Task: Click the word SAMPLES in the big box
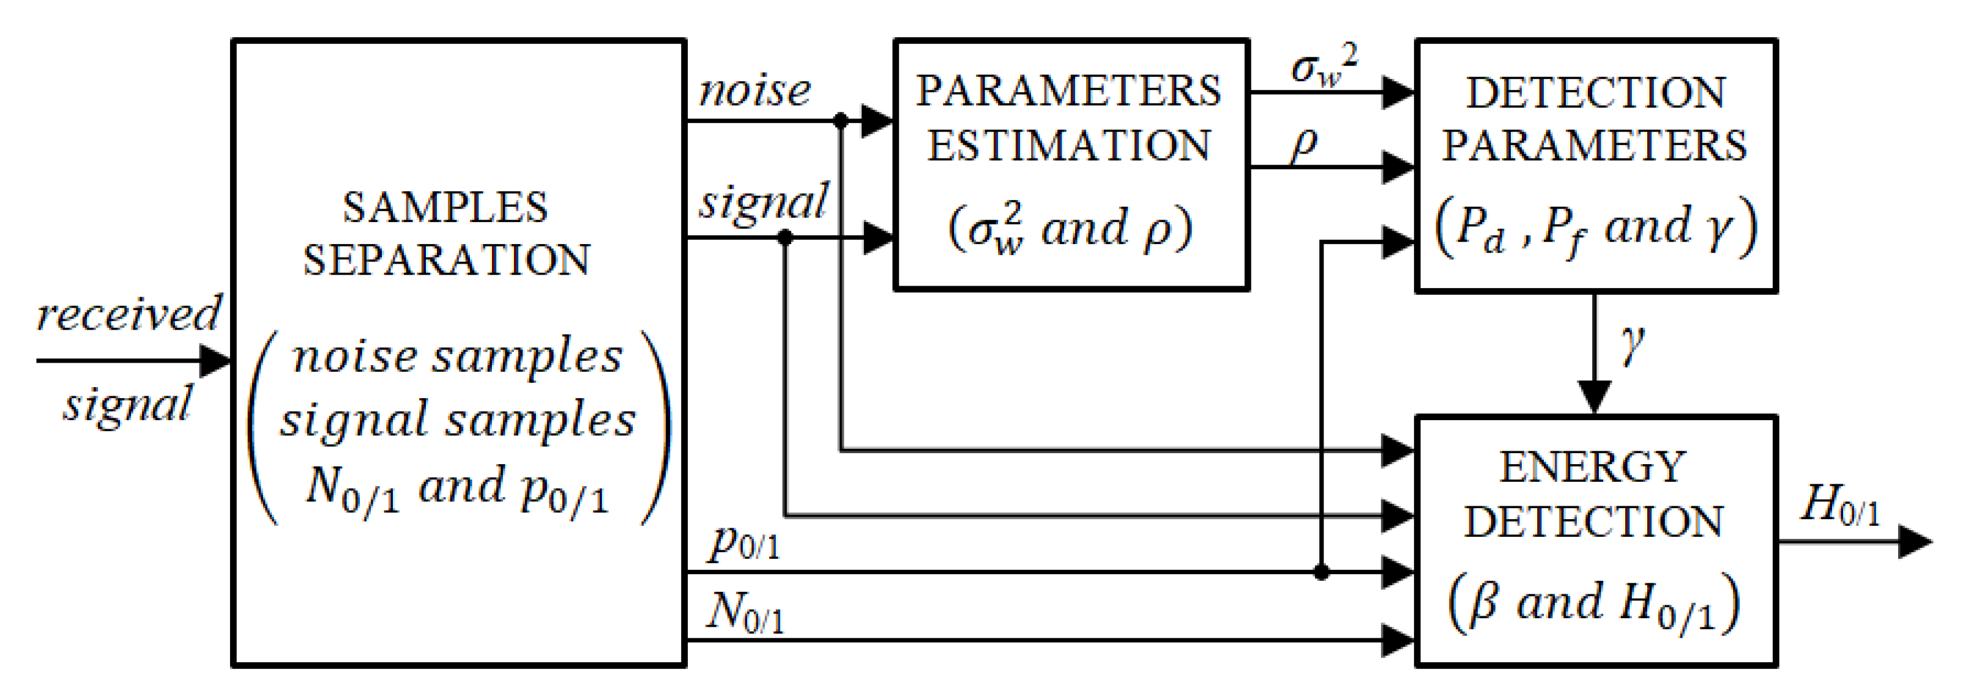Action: click(445, 207)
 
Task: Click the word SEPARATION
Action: click(447, 261)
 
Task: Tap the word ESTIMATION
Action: click(1068, 146)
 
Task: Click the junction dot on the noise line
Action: click(841, 120)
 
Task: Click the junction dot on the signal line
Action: click(786, 238)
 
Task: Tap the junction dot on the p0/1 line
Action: click(1321, 571)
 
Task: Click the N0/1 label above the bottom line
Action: click(745, 612)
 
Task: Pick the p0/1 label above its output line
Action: click(743, 542)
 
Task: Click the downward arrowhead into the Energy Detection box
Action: click(1594, 396)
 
